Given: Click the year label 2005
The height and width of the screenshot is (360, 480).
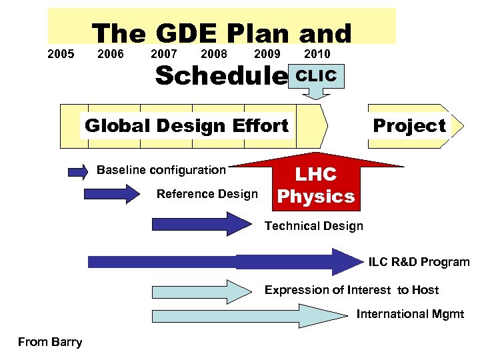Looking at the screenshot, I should pos(61,54).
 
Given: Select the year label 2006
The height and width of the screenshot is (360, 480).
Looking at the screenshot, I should pos(110,54).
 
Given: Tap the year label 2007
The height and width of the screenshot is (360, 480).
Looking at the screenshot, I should pos(164,54).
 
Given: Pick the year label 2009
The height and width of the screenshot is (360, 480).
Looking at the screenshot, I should pos(267,54).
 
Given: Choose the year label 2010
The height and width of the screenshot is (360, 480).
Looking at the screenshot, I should pos(317,54).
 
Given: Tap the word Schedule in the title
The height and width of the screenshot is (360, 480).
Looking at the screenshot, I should pos(219,76).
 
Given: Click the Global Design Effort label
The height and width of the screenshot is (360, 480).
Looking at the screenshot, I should pos(187,125).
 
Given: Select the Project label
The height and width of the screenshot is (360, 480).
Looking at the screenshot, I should pos(409,125).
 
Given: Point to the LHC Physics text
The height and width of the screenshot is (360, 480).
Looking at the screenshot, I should pos(316,185).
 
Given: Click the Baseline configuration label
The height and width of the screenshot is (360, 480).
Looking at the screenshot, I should pos(161,169).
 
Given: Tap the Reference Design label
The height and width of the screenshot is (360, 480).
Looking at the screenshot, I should pos(207,194).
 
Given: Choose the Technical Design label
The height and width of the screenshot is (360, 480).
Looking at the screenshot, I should pos(314,225).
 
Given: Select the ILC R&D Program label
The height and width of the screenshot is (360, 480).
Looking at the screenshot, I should pos(419,262).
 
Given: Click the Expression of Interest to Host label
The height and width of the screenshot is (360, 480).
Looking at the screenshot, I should pos(351,290).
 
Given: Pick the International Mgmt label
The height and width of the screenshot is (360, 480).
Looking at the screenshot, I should pos(410,314).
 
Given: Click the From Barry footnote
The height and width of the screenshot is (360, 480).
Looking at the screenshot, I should pos(50,342).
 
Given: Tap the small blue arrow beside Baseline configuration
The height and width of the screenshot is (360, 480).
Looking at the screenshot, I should pos(78,171).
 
